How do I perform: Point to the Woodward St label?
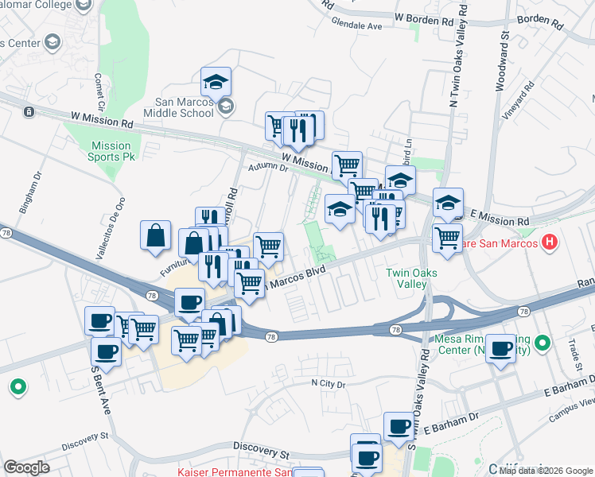pyautogui.click(x=503, y=63)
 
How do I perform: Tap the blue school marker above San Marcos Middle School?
pyautogui.click(x=216, y=82)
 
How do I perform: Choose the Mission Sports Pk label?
pyautogui.click(x=111, y=151)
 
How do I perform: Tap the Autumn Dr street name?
pyautogui.click(x=267, y=167)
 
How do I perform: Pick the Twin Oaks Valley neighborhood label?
pyautogui.click(x=411, y=278)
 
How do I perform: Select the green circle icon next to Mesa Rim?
pyautogui.click(x=542, y=343)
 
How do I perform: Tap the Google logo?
pyautogui.click(x=26, y=467)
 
